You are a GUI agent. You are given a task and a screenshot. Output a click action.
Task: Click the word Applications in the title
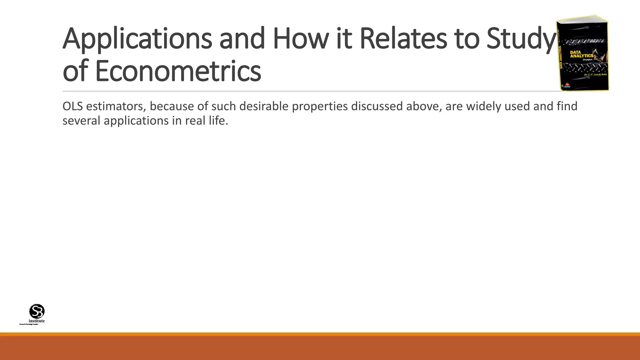point(137,39)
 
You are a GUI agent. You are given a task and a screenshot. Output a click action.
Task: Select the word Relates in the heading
point(403,39)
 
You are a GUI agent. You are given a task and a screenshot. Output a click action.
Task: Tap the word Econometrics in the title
point(177,71)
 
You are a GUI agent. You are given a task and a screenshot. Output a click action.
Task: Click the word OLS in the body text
point(72,107)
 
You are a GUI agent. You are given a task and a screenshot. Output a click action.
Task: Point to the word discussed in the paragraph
point(377,107)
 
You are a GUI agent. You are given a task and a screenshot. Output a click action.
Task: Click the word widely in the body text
point(479,107)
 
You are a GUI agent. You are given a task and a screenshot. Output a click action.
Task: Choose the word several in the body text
point(82,121)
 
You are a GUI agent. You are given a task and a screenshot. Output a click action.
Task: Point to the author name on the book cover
point(596,75)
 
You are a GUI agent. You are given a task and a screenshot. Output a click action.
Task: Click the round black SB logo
point(37,311)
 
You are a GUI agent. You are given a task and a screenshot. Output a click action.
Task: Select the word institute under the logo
point(37,321)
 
